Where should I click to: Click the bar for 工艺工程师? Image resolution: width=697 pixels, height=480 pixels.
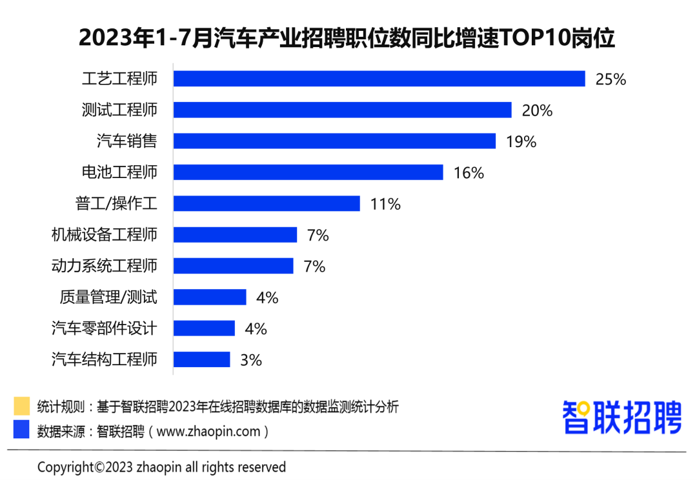pyautogui.click(x=379, y=79)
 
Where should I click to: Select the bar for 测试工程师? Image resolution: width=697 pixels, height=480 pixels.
pyautogui.click(x=343, y=110)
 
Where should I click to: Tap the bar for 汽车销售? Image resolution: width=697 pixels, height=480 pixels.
pyautogui.click(x=334, y=141)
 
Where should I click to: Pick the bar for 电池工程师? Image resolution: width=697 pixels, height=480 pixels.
pyautogui.click(x=308, y=172)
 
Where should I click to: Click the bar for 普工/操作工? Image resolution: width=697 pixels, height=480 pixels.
pyautogui.click(x=267, y=204)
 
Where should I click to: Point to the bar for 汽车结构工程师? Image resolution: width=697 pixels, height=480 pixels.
pyautogui.click(x=202, y=359)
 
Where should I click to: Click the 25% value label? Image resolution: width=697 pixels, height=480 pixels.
pyautogui.click(x=611, y=79)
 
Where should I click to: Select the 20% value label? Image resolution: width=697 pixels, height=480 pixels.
pyautogui.click(x=537, y=110)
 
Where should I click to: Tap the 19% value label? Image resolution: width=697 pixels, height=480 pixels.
pyautogui.click(x=521, y=142)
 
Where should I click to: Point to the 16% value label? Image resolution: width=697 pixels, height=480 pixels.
pyautogui.click(x=469, y=173)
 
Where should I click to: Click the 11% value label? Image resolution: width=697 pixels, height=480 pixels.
pyautogui.click(x=385, y=205)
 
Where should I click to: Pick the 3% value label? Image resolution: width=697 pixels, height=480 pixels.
pyautogui.click(x=251, y=360)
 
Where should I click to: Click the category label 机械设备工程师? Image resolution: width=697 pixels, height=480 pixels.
pyautogui.click(x=104, y=235)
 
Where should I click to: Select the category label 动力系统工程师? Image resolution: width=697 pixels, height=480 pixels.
pyautogui.click(x=104, y=266)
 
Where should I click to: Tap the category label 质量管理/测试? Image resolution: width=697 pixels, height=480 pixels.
pyautogui.click(x=108, y=297)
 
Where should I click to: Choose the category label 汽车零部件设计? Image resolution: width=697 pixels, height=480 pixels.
pyautogui.click(x=104, y=328)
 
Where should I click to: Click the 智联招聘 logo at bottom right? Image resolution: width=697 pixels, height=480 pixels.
pyautogui.click(x=621, y=417)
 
